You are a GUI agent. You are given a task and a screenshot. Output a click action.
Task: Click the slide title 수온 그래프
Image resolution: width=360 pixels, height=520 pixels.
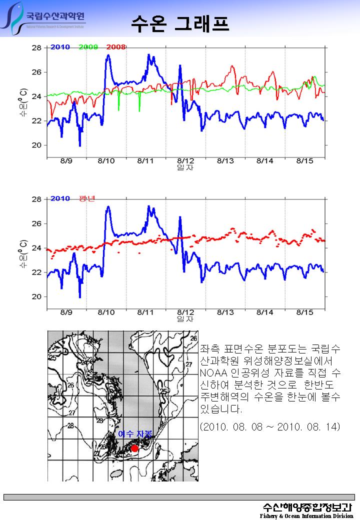coord(180,23)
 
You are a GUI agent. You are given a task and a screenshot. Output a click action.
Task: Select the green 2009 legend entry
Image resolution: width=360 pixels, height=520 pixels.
coord(88,47)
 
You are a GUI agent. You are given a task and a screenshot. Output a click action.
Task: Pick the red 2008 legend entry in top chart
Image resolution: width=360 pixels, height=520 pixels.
coord(116,47)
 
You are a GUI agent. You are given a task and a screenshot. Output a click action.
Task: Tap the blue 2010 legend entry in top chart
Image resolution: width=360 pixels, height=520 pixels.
coord(60,47)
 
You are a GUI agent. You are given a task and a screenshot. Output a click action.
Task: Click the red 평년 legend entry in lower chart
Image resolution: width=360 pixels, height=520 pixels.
coord(87,198)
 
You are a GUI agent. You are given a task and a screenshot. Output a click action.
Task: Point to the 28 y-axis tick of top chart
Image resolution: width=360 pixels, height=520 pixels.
coord(36,48)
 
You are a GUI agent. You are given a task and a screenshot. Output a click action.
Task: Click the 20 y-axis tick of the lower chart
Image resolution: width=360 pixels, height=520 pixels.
coord(36,296)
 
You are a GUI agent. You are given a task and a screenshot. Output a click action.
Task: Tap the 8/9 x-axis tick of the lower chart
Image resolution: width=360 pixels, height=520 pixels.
coord(66,312)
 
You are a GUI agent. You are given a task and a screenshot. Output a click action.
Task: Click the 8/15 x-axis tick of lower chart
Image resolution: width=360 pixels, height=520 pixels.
coord(305,312)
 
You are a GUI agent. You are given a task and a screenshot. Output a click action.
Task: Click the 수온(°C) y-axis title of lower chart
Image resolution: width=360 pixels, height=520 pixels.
coord(23,252)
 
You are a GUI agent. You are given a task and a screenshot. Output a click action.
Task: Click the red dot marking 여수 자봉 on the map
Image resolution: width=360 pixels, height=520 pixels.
coord(134,448)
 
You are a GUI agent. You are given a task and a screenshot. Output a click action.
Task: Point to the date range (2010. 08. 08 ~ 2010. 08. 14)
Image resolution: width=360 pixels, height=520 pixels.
coord(269,427)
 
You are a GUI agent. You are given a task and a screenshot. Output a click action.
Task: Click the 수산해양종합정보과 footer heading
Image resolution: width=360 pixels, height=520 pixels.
coord(307,506)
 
